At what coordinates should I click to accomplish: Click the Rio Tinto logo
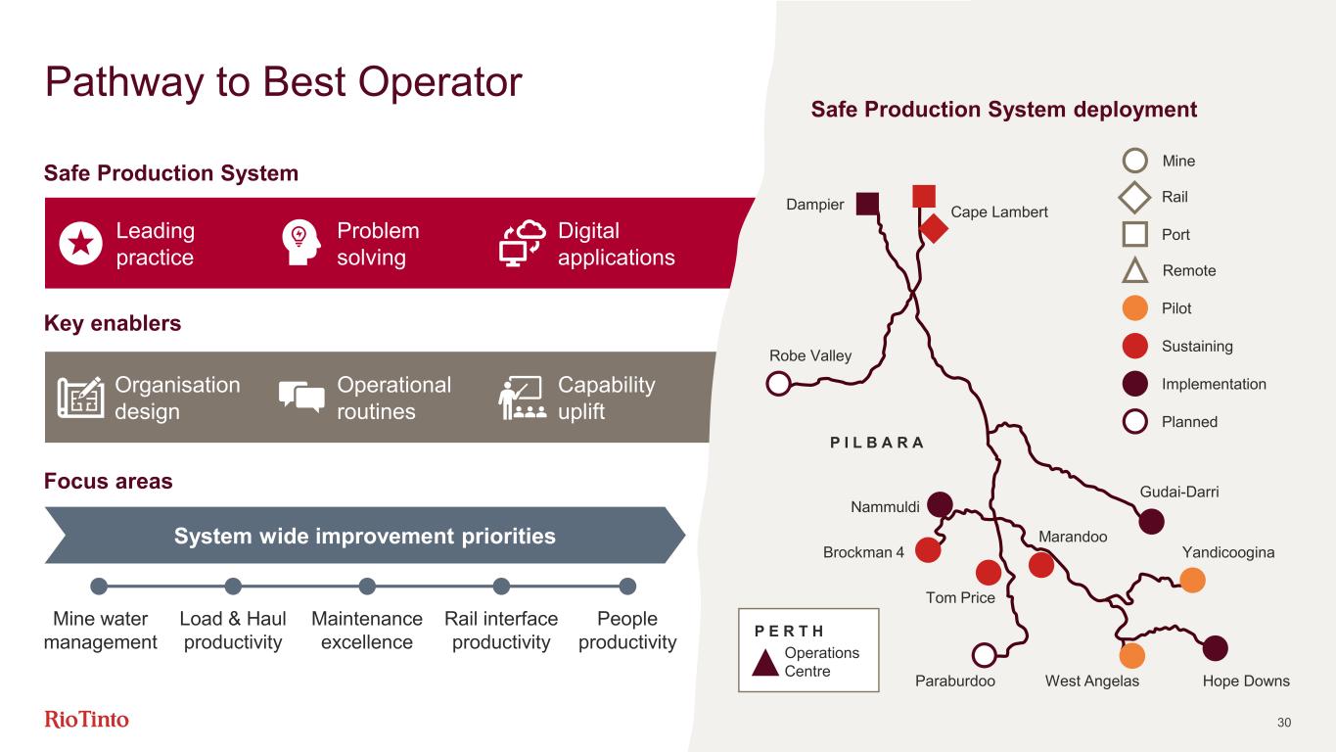click(87, 720)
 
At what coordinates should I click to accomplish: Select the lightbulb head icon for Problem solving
click(300, 244)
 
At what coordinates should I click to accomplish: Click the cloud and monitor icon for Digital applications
click(522, 244)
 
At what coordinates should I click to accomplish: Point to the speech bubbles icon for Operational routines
click(301, 397)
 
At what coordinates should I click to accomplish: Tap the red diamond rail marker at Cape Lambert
click(935, 228)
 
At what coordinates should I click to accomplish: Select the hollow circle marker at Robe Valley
click(778, 383)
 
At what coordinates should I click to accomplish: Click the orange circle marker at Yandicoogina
click(1192, 581)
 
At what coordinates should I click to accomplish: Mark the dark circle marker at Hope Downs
click(1215, 647)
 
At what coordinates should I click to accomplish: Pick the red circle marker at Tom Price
click(988, 572)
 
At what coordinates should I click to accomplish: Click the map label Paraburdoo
click(955, 681)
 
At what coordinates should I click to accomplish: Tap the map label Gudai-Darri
click(1179, 493)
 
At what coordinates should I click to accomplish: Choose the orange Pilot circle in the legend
click(1134, 308)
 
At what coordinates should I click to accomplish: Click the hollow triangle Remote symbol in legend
click(1134, 270)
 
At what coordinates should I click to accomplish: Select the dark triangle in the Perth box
click(766, 663)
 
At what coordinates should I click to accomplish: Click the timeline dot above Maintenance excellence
click(367, 587)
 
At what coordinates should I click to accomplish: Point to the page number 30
click(1285, 723)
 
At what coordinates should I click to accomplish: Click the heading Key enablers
click(113, 324)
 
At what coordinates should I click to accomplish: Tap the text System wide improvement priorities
click(364, 537)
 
